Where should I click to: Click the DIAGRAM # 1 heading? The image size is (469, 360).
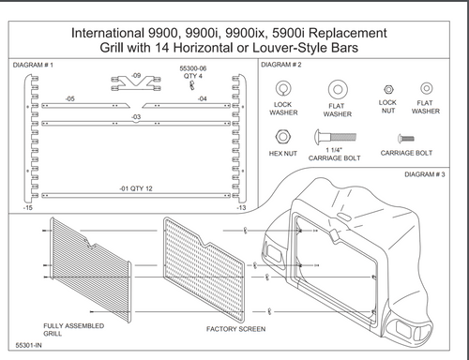tap(35, 66)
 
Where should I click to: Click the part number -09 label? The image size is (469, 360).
tap(136, 74)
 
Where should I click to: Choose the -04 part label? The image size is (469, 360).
tap(202, 97)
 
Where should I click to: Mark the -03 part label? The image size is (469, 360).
tap(136, 116)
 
